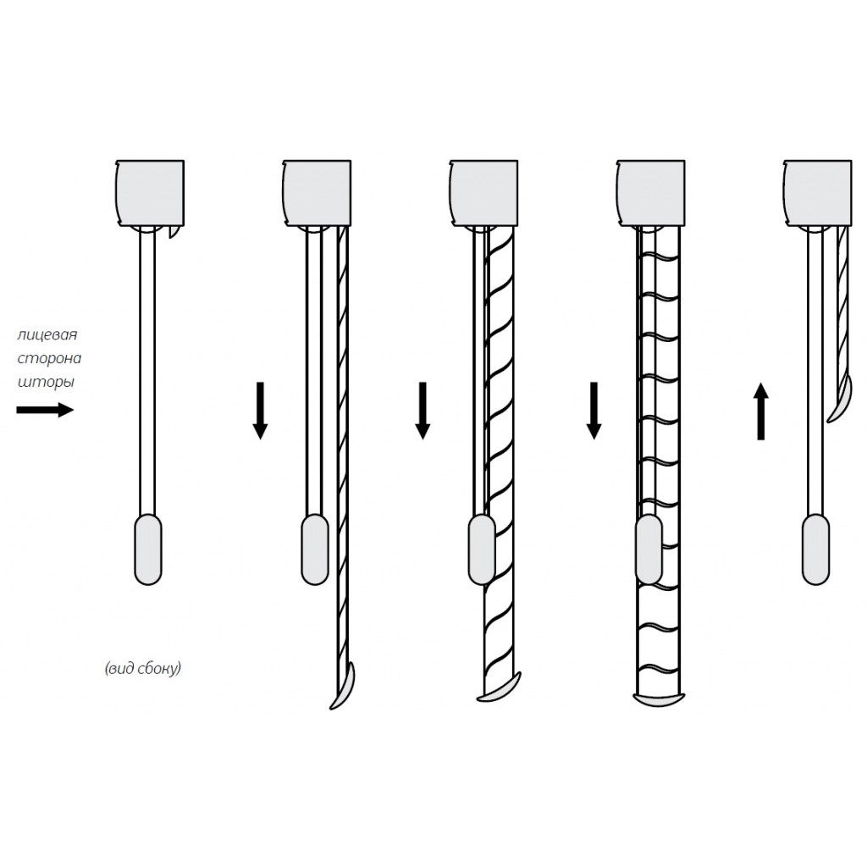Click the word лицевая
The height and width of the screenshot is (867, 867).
(47, 335)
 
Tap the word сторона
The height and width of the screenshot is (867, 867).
(49, 359)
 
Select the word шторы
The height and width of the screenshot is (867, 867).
(46, 382)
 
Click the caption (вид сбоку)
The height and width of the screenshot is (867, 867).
(142, 669)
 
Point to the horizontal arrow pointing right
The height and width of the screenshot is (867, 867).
(45, 410)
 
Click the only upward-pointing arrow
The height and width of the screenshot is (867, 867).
(761, 411)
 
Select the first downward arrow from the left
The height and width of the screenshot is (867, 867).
(260, 411)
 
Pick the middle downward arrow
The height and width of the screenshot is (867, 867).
(422, 411)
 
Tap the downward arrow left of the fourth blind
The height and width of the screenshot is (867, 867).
(594, 411)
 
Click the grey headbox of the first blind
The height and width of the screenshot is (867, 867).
(150, 193)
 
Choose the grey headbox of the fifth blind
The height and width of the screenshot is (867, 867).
(818, 193)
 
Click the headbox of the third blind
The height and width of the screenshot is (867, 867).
(483, 193)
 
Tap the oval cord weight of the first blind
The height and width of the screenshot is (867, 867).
(148, 549)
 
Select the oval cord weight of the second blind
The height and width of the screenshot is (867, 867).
(315, 549)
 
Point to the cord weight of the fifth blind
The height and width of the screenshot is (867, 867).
(815, 549)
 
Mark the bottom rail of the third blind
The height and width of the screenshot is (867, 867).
(500, 688)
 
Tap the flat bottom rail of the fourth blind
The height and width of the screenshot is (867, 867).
(657, 699)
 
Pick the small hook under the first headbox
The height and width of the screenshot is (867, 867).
(174, 233)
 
